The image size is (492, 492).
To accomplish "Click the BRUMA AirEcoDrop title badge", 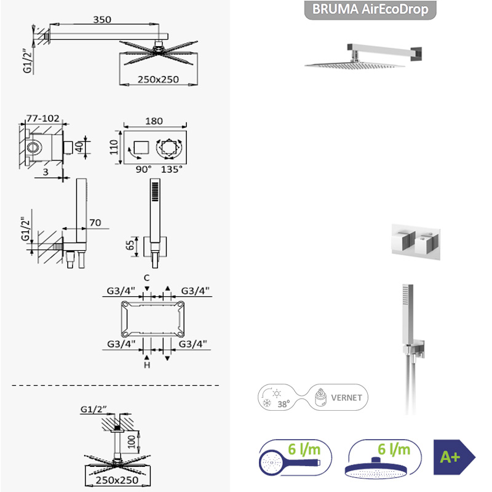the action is (x=370, y=10).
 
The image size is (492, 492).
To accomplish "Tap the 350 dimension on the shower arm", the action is (x=102, y=20).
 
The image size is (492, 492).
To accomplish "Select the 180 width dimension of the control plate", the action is (x=154, y=121).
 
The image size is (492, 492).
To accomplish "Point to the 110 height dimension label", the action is (x=114, y=147).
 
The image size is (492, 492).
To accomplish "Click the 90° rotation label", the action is (x=143, y=170).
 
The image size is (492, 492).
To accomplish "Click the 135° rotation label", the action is (x=172, y=170).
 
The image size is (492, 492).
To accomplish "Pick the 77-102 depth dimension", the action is (x=43, y=118).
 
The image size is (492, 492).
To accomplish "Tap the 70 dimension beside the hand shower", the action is (x=95, y=223).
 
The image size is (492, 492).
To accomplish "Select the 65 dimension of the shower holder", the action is (x=130, y=245).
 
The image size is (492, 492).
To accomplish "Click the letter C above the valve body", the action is (x=146, y=278).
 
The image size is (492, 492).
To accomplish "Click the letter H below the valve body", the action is (x=147, y=365).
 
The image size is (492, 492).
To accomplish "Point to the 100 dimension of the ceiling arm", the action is (x=132, y=442).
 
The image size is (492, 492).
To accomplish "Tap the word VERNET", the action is (x=346, y=397).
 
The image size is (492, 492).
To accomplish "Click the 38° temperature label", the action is (x=284, y=404).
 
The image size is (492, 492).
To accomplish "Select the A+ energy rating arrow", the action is (x=454, y=457).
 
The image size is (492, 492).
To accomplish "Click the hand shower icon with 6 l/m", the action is (x=295, y=458).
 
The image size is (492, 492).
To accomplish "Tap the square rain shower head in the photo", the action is (x=355, y=65).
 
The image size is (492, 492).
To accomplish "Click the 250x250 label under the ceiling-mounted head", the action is (x=117, y=480).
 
